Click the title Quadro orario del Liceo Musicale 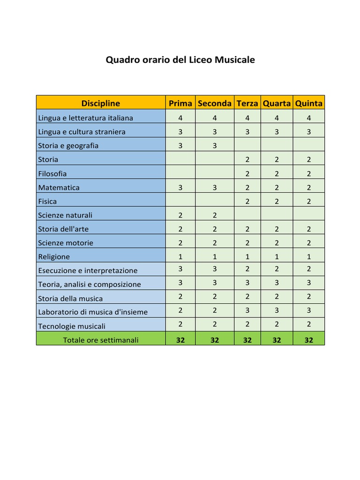(180, 60)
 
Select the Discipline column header (100, 103)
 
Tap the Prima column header (180, 103)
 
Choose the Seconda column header (215, 103)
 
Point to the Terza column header (247, 103)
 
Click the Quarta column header (277, 103)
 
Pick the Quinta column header (308, 103)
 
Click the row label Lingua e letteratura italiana (85, 118)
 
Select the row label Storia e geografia (68, 146)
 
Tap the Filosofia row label (52, 173)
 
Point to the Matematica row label (59, 187)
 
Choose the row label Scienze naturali (66, 215)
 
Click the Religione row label (54, 257)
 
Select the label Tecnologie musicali (72, 326)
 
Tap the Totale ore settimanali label (101, 340)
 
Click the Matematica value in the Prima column (180, 187)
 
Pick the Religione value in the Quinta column (308, 256)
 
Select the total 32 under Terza (247, 340)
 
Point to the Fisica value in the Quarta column (277, 201)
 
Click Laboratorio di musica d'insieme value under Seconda (215, 310)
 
